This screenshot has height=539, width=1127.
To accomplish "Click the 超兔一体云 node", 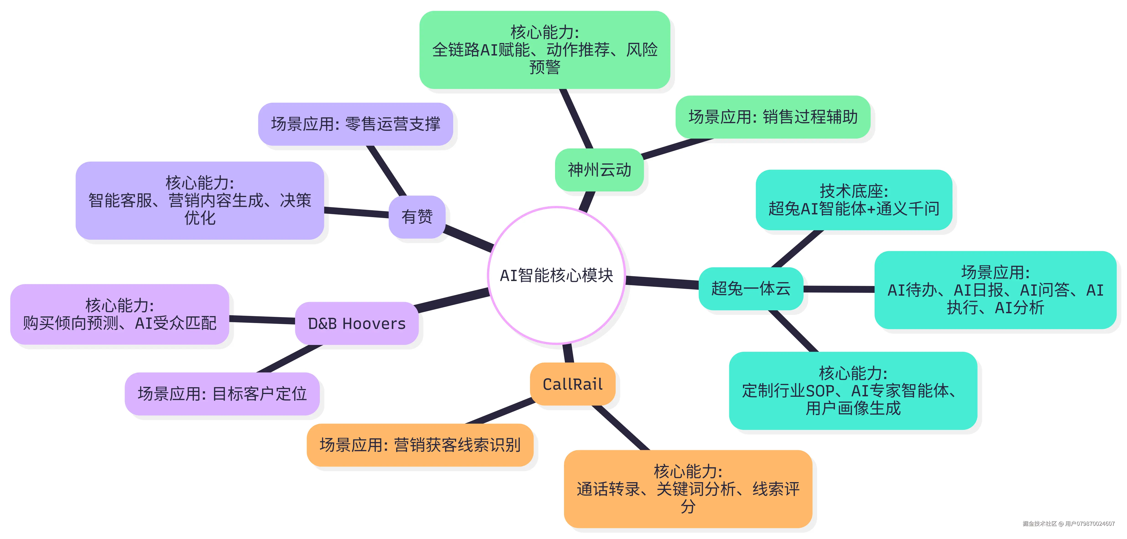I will tap(751, 289).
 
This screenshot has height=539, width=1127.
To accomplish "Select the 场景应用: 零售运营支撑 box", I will tap(355, 124).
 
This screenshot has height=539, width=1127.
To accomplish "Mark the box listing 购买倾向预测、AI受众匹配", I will tap(119, 314).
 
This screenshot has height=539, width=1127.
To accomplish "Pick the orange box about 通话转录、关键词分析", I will tap(688, 489).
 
